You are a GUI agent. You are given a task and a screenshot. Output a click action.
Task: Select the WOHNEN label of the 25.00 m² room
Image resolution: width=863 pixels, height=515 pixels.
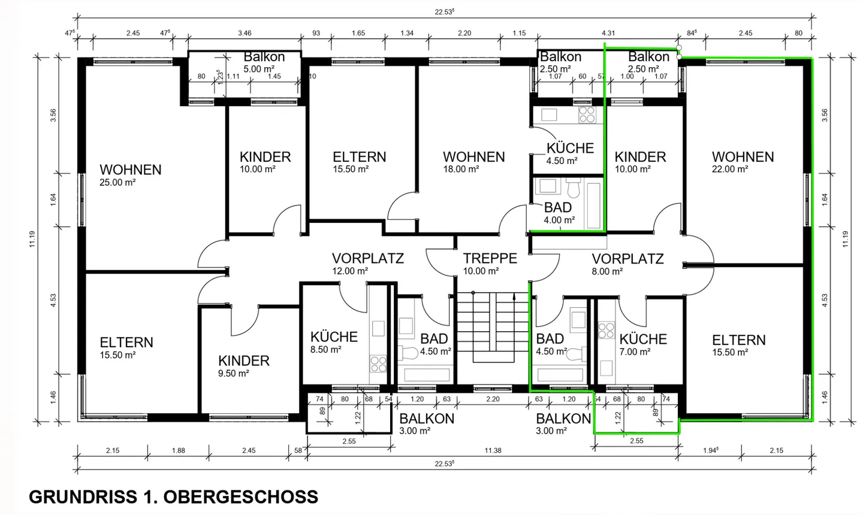coord(130,170)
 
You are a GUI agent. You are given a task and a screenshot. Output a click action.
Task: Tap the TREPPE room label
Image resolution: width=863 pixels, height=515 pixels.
coord(490,259)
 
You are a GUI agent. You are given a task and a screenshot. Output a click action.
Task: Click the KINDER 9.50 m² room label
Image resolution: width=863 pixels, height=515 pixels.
coord(243,361)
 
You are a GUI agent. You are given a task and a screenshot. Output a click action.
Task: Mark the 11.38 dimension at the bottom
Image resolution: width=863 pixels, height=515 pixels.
coord(493,450)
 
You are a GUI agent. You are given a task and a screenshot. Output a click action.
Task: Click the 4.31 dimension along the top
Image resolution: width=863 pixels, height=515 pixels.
coord(608,34)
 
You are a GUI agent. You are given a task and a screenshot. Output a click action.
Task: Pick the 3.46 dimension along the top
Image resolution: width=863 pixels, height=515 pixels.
coord(245,34)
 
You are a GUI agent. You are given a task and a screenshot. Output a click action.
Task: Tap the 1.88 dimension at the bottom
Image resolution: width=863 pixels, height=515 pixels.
coord(178,450)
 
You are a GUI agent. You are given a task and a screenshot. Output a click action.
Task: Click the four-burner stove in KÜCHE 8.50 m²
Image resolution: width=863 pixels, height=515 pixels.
coord(378,362)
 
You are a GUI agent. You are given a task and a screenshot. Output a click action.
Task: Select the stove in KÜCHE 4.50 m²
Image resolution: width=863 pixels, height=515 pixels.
coord(587,114)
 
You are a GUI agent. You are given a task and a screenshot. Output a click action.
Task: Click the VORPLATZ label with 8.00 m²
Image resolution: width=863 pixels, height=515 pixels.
coord(627,259)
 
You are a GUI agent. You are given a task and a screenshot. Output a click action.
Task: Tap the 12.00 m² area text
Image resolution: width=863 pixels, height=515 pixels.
coord(350,271)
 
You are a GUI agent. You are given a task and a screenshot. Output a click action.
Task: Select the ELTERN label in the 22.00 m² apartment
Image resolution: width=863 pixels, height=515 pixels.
coord(738,340)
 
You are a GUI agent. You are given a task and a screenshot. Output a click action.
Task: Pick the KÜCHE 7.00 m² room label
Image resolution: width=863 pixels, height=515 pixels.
coord(643,340)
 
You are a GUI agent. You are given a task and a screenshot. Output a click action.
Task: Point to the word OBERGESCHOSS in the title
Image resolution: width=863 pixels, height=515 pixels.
coord(240,497)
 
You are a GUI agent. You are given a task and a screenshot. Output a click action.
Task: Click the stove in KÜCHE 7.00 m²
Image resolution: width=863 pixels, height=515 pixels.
coord(606,331)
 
